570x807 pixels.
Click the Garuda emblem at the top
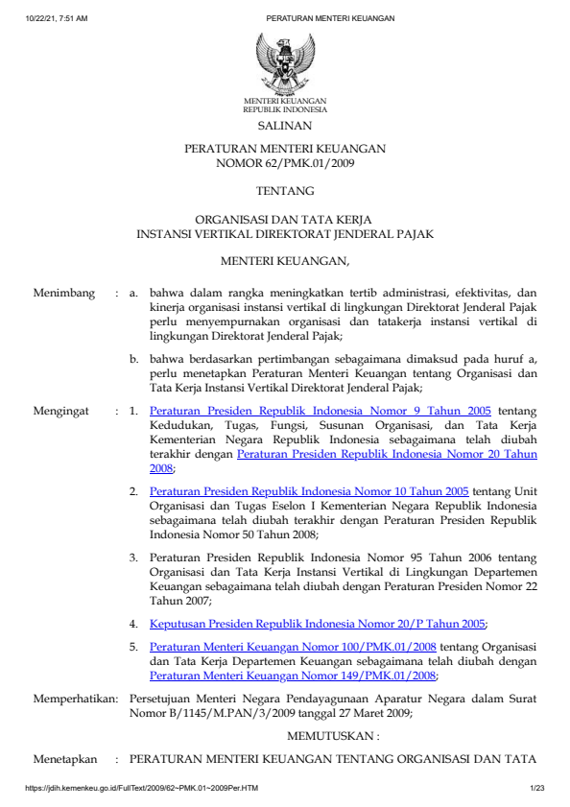click(x=284, y=61)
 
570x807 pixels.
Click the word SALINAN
click(x=284, y=125)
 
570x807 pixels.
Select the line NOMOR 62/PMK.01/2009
click(x=284, y=164)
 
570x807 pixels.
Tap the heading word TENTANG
click(x=284, y=191)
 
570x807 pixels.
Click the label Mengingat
click(x=61, y=411)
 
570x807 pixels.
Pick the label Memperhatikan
click(x=73, y=700)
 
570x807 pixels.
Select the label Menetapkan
click(x=65, y=758)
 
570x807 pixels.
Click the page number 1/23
click(x=536, y=789)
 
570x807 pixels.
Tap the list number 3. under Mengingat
click(x=134, y=557)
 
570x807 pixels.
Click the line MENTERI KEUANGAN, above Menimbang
click(x=284, y=260)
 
